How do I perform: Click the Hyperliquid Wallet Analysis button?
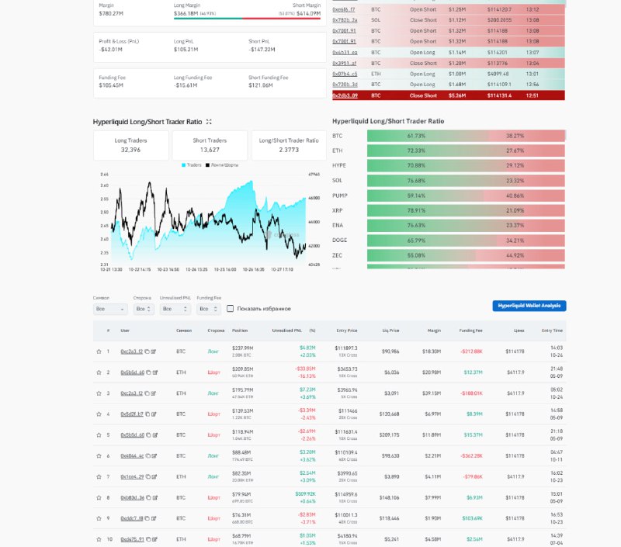529,306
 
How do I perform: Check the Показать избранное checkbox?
230,309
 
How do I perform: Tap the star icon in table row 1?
99,351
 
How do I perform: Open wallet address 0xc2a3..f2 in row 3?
132,393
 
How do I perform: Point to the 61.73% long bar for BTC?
416,135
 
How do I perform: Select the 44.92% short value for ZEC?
515,255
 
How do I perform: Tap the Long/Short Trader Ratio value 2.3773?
288,150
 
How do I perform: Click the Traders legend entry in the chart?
191,165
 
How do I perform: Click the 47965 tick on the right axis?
314,175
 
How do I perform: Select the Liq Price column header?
393,331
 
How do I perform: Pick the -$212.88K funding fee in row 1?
470,351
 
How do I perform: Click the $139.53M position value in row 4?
242,410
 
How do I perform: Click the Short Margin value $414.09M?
306,13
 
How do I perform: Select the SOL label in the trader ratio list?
337,180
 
